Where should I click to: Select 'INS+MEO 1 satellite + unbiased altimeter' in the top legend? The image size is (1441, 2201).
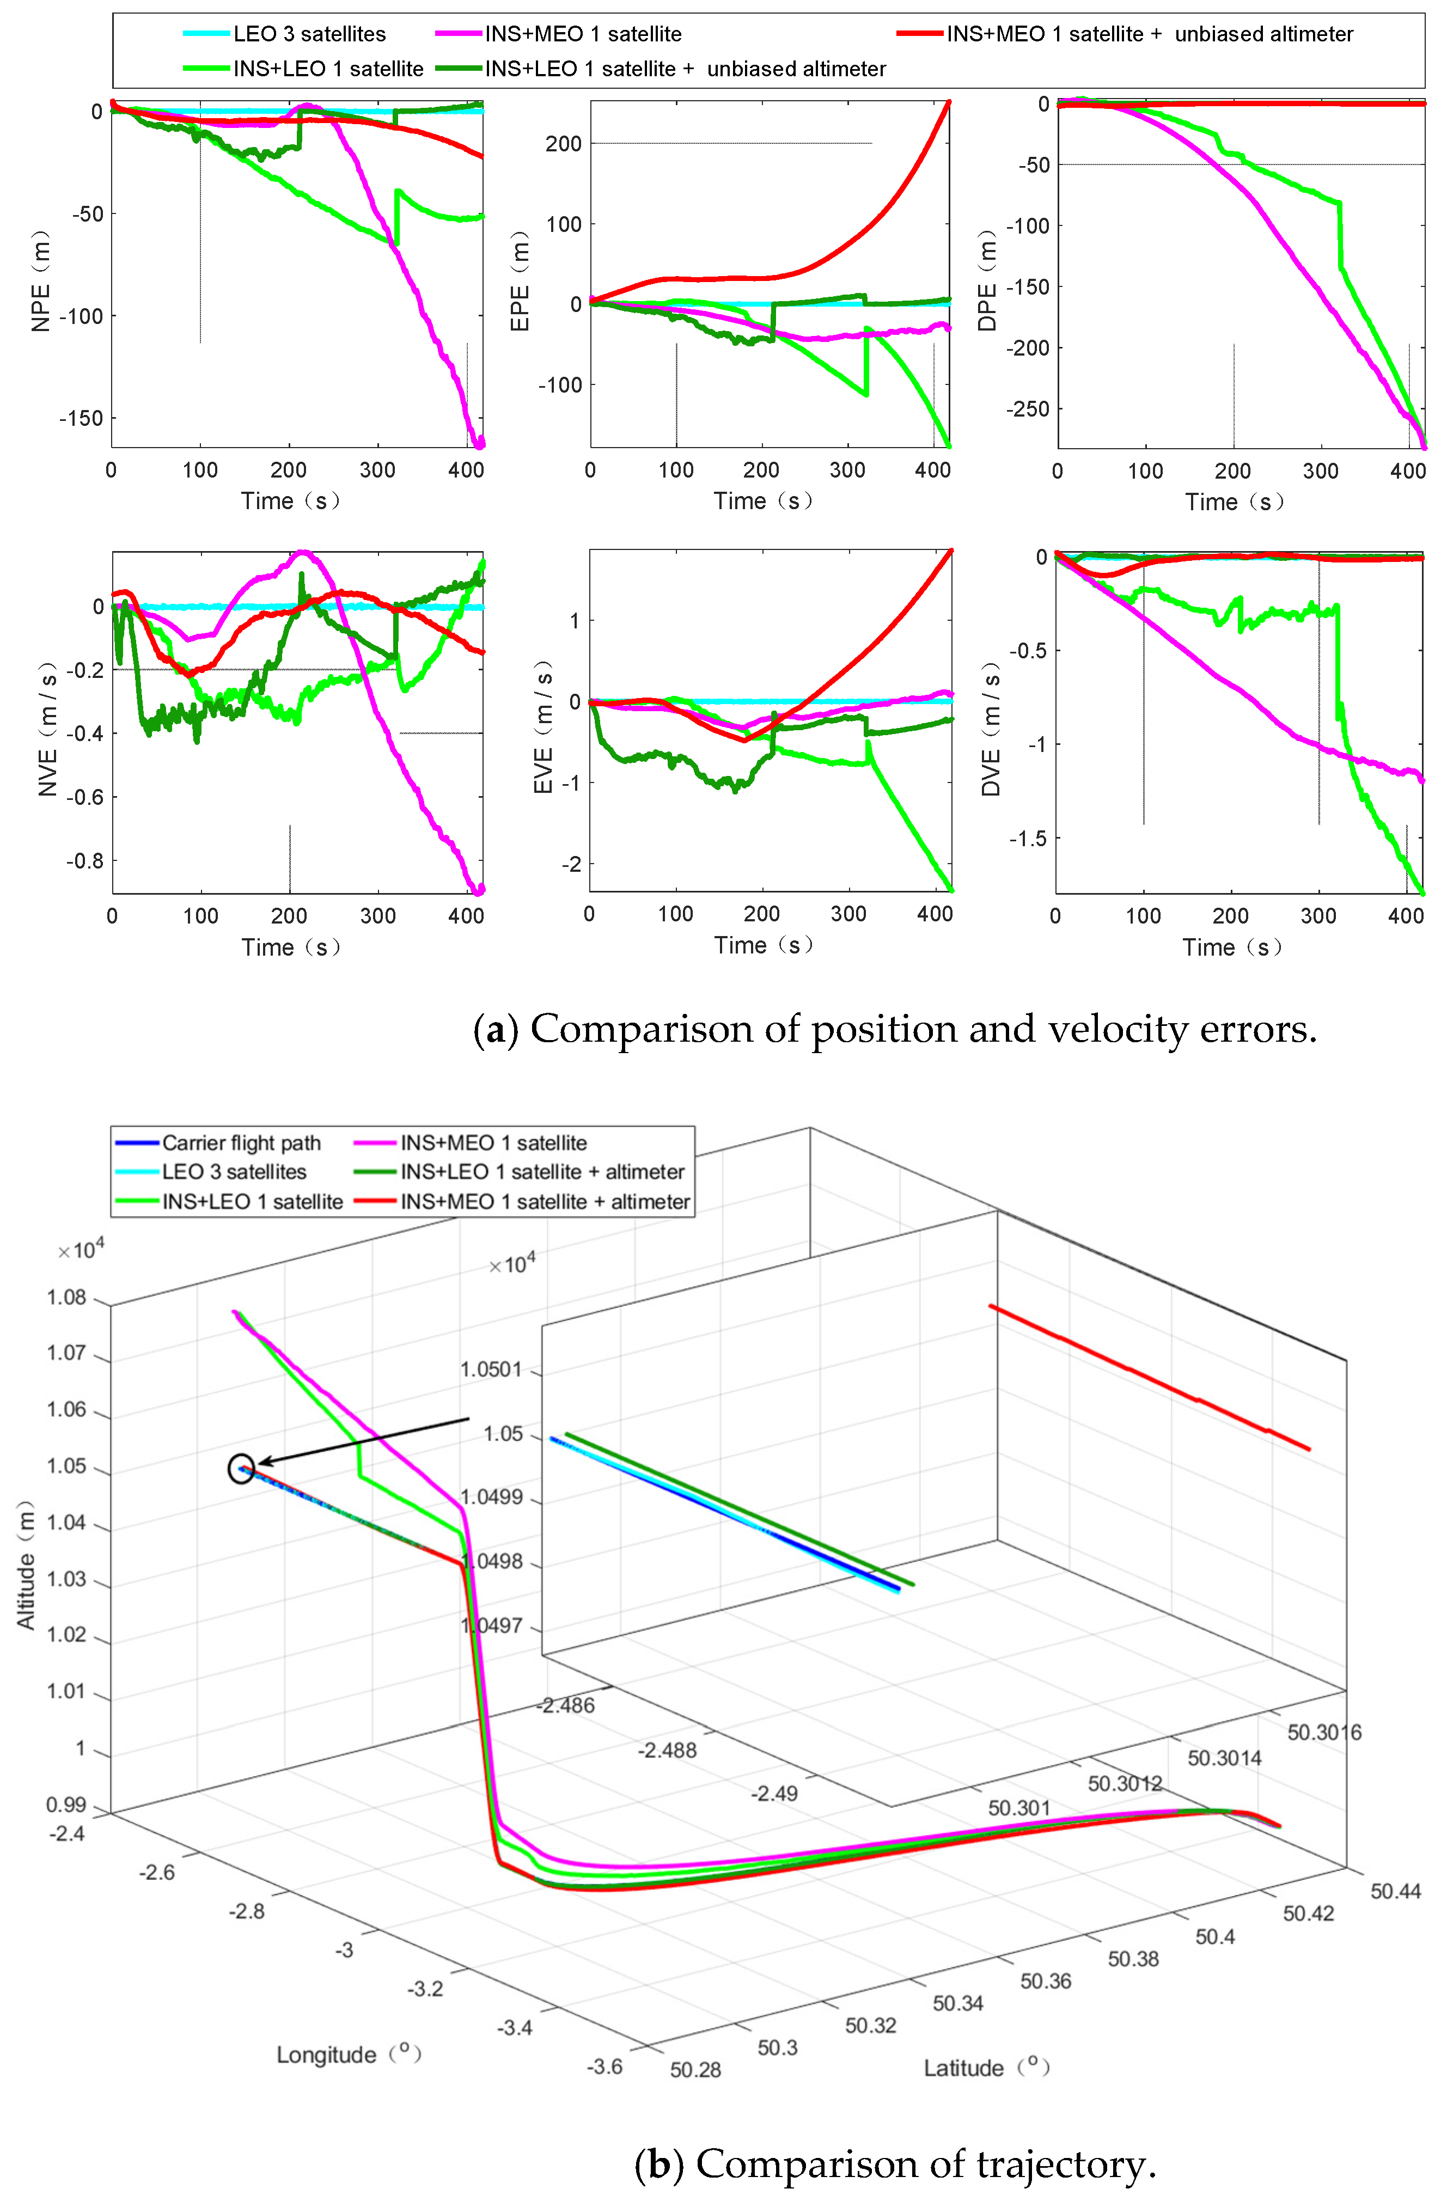coord(1149,34)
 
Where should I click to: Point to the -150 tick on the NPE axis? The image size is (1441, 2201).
coord(81,418)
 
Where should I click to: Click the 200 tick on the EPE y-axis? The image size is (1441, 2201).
coord(563,143)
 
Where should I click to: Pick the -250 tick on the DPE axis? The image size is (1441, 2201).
coord(1029,409)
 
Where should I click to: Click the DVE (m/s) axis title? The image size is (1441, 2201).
coord(991,728)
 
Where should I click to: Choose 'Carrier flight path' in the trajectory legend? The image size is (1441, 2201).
coord(241,1143)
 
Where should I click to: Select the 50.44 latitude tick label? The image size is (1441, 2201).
coord(1395,1891)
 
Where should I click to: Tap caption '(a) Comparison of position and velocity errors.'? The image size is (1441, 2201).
coord(894,1029)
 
